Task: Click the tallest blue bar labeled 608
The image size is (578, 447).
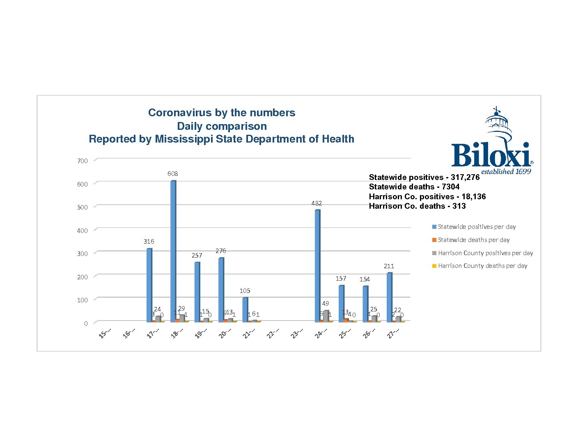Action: coord(173,251)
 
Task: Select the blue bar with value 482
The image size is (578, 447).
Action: coord(317,265)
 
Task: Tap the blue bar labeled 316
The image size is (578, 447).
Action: coord(149,285)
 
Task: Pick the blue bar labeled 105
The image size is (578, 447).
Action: coord(245,309)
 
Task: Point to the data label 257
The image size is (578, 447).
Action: coord(197,255)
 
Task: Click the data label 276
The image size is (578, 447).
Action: coord(221,251)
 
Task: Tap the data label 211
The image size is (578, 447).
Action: coord(389,266)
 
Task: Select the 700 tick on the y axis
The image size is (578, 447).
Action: coord(83,161)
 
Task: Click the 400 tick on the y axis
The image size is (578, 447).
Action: coord(83,230)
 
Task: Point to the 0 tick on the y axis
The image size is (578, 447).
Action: coord(86,323)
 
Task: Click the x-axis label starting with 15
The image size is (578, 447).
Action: coord(105,333)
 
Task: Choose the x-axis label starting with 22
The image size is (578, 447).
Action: coord(273,333)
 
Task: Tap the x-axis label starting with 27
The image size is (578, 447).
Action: coord(393,333)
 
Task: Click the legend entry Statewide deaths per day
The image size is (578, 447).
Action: coord(474,240)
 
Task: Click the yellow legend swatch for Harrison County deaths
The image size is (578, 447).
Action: coord(434,266)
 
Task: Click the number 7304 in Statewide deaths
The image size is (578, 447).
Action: coord(450,187)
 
